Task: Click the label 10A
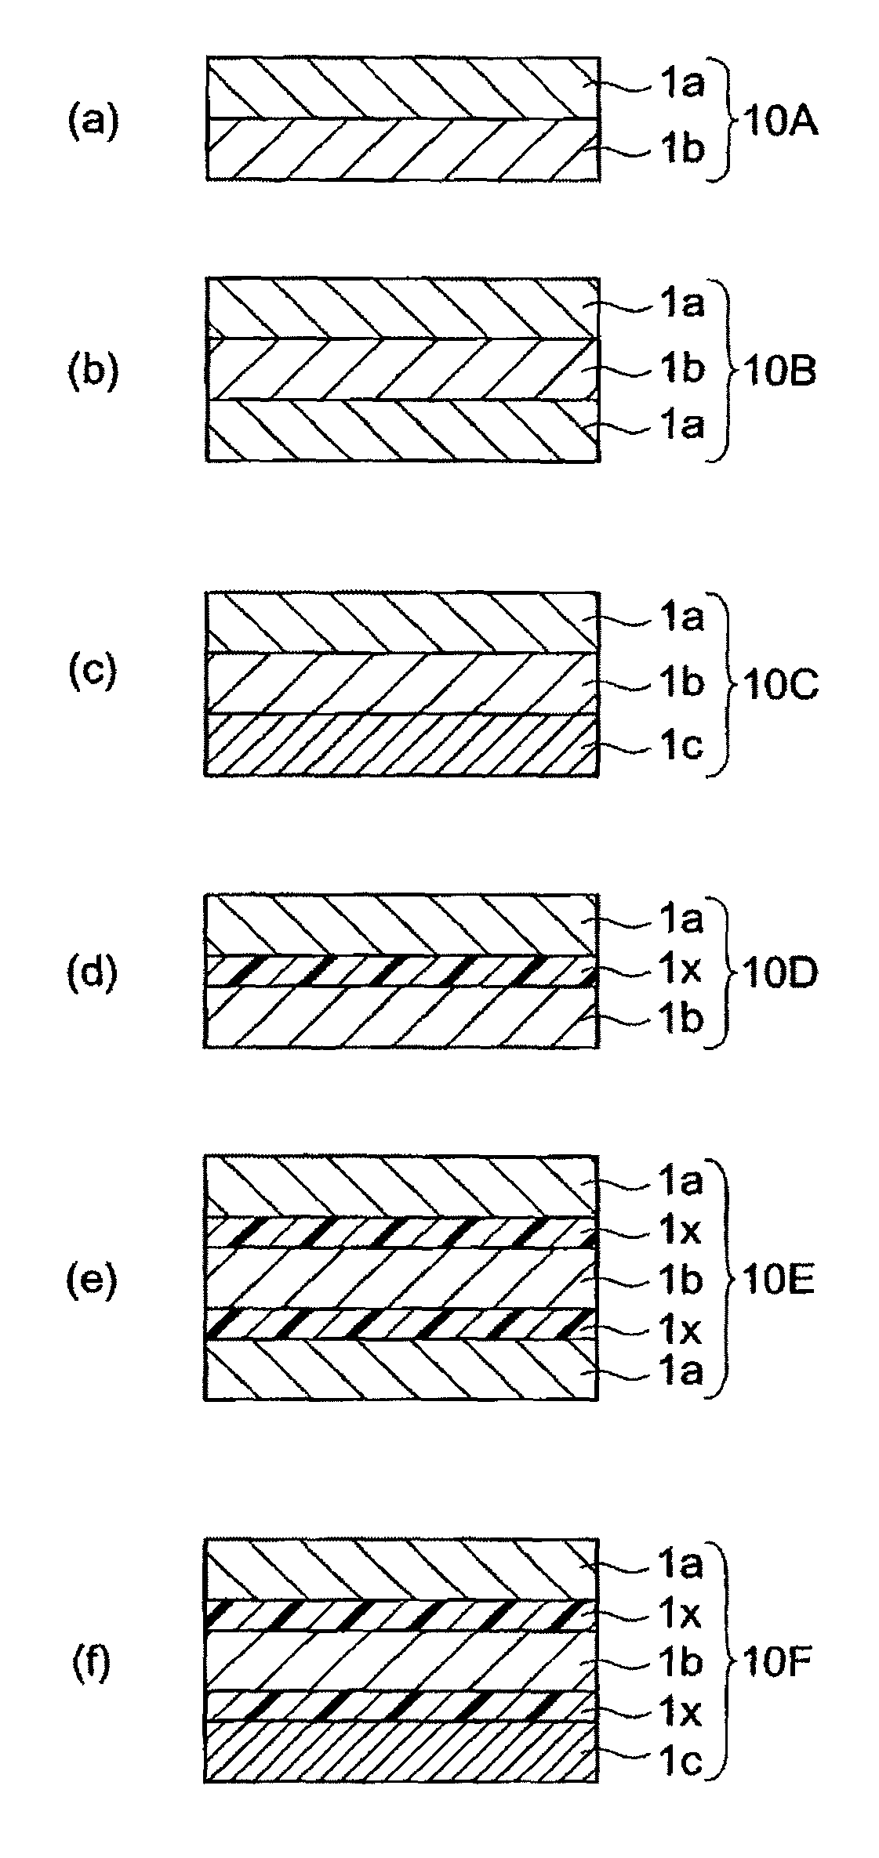[x=779, y=124]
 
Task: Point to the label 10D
[x=779, y=973]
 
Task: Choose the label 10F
[x=779, y=1660]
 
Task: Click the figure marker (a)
[x=93, y=122]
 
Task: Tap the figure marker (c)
[x=93, y=671]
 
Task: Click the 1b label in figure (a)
[x=681, y=151]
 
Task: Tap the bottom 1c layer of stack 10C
[x=400, y=744]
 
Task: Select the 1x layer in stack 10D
[x=400, y=971]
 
